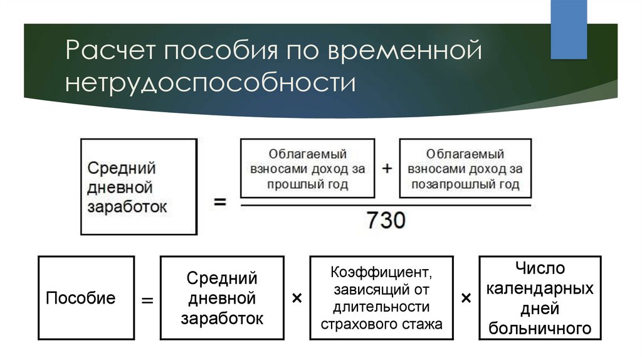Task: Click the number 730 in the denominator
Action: click(386, 220)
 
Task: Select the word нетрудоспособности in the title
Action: click(210, 83)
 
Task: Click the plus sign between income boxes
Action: click(387, 168)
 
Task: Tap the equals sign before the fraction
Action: click(220, 203)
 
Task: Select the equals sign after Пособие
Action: click(147, 300)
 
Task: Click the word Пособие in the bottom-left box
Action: click(81, 298)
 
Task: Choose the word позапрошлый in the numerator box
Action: click(446, 185)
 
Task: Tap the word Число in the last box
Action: click(540, 268)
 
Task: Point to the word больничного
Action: click(540, 327)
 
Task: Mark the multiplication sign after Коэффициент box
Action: click(466, 299)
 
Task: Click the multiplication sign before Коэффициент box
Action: click(297, 299)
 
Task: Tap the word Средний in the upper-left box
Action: click(122, 168)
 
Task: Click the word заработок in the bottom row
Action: click(222, 317)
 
